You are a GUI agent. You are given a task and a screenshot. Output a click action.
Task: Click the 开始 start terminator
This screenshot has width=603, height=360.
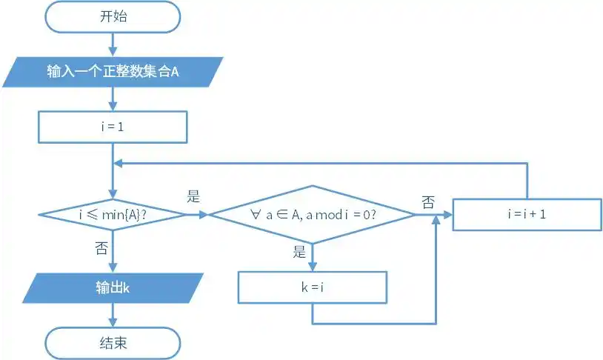pyautogui.click(x=113, y=17)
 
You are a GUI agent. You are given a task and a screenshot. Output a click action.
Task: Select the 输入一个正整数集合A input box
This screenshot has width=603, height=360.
pyautogui.click(x=113, y=72)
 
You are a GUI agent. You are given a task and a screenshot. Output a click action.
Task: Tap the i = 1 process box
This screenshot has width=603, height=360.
pyautogui.click(x=113, y=127)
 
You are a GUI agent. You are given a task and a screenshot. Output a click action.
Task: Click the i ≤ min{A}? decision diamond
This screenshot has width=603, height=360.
pyautogui.click(x=113, y=214)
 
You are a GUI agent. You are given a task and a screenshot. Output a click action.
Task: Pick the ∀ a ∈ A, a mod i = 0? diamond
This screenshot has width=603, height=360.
pyautogui.click(x=312, y=214)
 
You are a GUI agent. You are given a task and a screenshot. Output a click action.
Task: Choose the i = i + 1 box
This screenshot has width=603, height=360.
pyautogui.click(x=527, y=214)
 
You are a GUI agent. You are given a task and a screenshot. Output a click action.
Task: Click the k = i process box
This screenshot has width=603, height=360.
pyautogui.click(x=312, y=287)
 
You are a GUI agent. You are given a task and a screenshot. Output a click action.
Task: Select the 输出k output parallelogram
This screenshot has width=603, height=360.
pyautogui.click(x=113, y=287)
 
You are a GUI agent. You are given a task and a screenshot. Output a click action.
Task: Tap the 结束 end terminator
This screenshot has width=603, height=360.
pyautogui.click(x=113, y=343)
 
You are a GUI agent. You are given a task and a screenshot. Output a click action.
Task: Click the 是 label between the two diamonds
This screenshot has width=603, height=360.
pyautogui.click(x=194, y=197)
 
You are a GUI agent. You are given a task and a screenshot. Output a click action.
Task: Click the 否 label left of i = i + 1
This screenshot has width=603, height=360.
pyautogui.click(x=428, y=201)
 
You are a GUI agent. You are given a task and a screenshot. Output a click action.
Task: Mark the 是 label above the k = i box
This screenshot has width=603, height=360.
pyautogui.click(x=299, y=252)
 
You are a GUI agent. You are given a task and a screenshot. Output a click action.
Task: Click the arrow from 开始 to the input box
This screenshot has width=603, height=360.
pyautogui.click(x=113, y=44)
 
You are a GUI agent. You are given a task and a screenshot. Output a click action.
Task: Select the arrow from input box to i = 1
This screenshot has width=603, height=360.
pyautogui.click(x=113, y=99)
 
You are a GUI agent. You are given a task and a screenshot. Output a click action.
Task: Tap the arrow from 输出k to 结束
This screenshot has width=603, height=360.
pyautogui.click(x=113, y=316)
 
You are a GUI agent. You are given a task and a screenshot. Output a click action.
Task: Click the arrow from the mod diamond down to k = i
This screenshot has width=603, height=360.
pyautogui.click(x=312, y=257)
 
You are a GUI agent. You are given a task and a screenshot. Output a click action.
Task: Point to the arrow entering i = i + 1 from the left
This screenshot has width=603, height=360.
pyautogui.click(x=443, y=214)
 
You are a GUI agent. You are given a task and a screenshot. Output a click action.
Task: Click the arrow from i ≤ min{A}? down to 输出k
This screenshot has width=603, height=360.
pyautogui.click(x=113, y=252)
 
